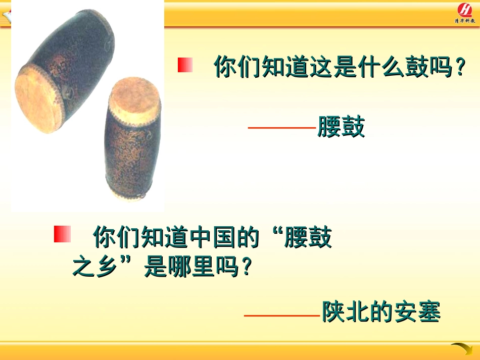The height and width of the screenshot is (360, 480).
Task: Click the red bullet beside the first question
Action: [185, 65]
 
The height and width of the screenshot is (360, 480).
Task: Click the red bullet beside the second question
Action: [62, 234]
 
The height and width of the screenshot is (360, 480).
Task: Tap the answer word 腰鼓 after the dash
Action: [341, 127]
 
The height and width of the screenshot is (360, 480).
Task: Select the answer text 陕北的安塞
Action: [381, 312]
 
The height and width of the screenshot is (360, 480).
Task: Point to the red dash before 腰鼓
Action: [282, 128]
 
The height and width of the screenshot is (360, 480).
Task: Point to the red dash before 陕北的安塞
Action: [282, 316]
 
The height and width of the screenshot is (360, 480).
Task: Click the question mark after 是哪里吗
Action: [246, 268]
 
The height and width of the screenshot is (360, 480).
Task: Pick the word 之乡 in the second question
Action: [96, 267]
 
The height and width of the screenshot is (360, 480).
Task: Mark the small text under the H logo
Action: [464, 21]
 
